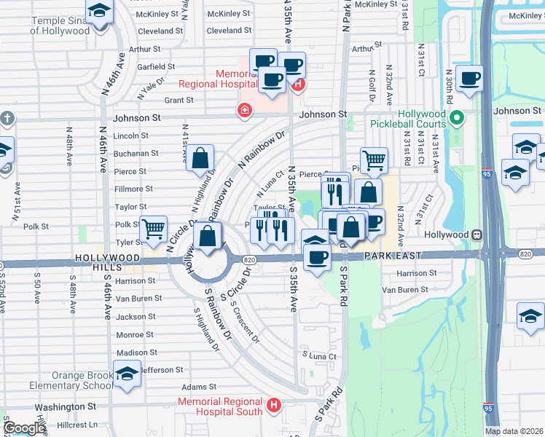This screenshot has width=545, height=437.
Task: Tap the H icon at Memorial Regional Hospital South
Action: click(274, 405)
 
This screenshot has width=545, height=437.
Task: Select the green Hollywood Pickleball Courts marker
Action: click(457, 117)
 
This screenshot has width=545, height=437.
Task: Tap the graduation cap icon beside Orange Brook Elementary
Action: click(128, 374)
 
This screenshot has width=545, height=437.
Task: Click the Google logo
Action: click(25, 428)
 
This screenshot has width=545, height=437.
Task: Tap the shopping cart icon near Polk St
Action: click(153, 229)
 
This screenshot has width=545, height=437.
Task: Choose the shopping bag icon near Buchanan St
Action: click(200, 157)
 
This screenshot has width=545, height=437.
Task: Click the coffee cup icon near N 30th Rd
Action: click(469, 78)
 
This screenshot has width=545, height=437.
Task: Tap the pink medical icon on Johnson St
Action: click(245, 111)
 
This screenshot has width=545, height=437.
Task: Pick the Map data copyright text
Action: click(514, 431)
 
